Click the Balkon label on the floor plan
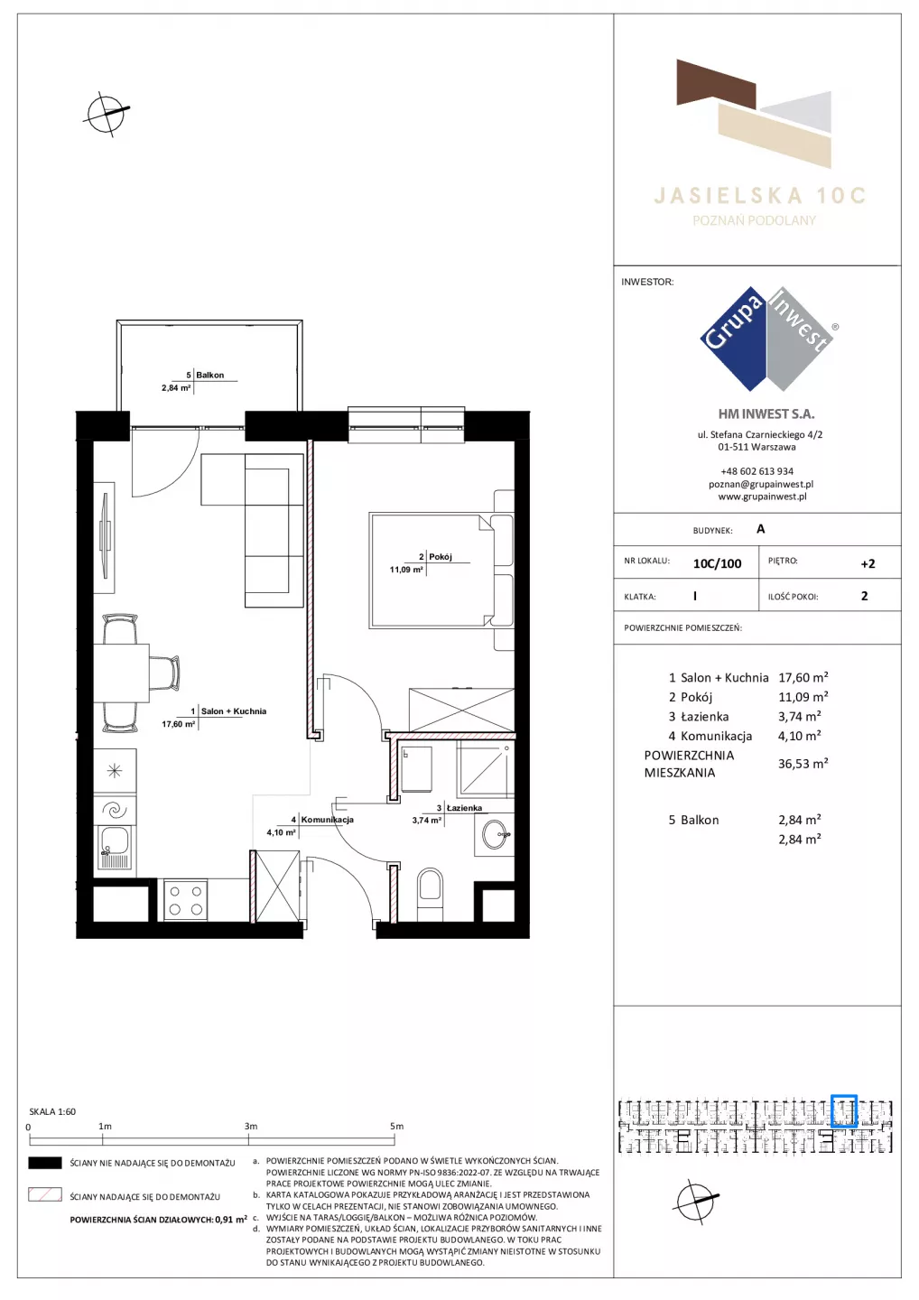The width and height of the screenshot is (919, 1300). pyautogui.click(x=209, y=375)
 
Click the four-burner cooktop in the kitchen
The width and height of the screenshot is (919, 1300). pyautogui.click(x=186, y=899)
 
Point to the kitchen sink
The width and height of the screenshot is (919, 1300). pyautogui.click(x=115, y=848)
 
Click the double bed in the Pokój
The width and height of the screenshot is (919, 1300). pyautogui.click(x=441, y=571)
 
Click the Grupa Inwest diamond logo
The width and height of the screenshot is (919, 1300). pyautogui.click(x=767, y=339)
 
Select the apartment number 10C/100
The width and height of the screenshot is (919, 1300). pyautogui.click(x=717, y=563)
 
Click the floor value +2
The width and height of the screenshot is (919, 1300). pyautogui.click(x=868, y=563)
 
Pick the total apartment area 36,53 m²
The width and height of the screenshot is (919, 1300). pyautogui.click(x=803, y=763)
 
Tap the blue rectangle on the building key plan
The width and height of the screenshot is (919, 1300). pyautogui.click(x=844, y=1111)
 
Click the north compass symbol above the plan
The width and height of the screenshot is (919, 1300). pyautogui.click(x=107, y=114)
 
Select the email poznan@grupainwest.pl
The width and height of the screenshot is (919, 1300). pyautogui.click(x=761, y=484)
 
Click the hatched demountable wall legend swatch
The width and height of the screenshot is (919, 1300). pyautogui.click(x=44, y=1195)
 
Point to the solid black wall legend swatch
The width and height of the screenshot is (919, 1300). pyautogui.click(x=44, y=1163)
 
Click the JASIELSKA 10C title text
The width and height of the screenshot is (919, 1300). pyautogui.click(x=759, y=196)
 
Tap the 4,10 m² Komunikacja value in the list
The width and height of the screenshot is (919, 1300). pyautogui.click(x=800, y=736)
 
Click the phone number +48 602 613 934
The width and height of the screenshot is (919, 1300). pyautogui.click(x=757, y=471)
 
